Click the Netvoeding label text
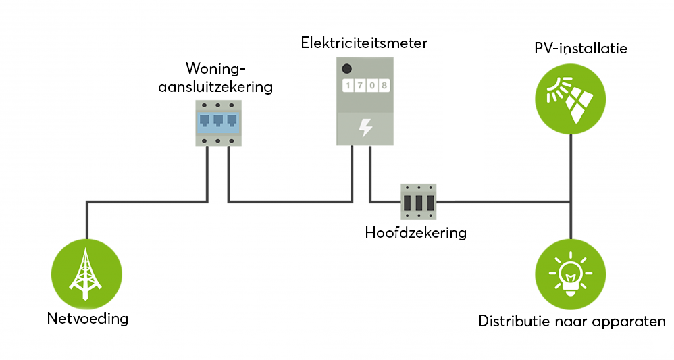[87, 318]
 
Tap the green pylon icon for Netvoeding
[86, 274]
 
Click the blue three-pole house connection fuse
[218, 122]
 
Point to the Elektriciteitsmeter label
[365, 43]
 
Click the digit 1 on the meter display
[348, 86]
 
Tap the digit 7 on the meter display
[360, 86]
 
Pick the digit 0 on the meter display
[371, 86]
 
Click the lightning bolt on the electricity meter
[365, 127]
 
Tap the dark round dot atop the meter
[347, 68]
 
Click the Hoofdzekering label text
[416, 233]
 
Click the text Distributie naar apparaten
[572, 321]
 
